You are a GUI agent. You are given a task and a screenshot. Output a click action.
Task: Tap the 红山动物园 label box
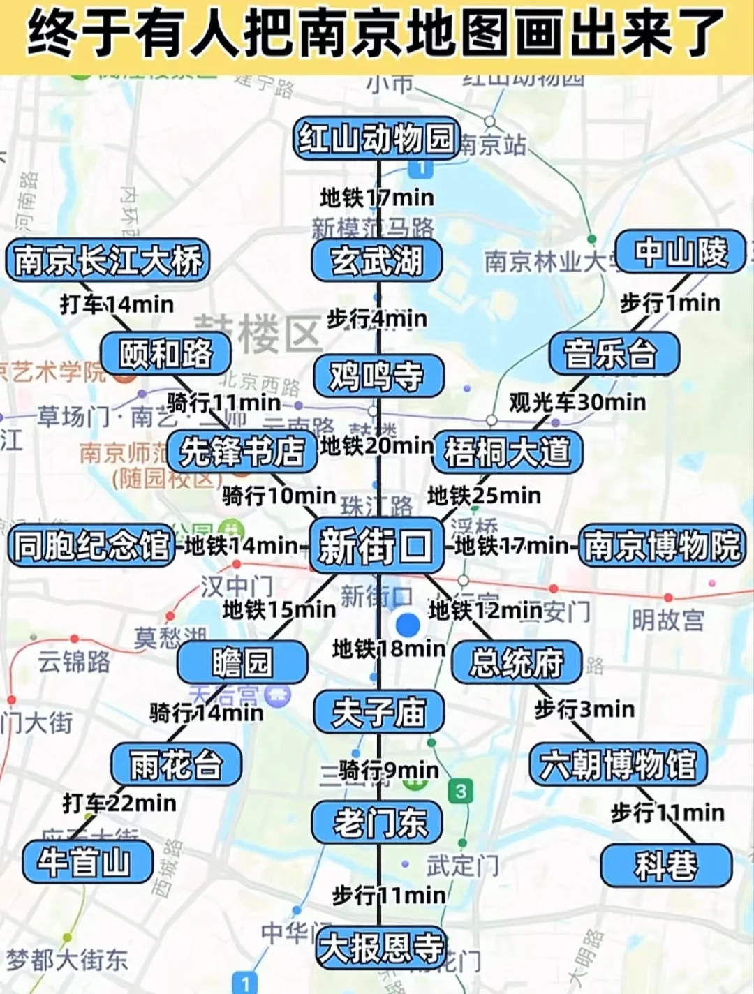point(377,138)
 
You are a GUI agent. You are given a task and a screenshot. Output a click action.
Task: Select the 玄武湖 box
point(377,260)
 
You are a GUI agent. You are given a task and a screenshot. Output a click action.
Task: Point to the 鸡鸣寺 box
point(377,376)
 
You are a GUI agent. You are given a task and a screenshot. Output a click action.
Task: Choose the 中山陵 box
point(681,252)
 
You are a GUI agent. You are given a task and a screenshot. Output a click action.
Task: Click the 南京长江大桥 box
point(108,260)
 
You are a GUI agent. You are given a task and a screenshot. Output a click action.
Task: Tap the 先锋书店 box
point(242,451)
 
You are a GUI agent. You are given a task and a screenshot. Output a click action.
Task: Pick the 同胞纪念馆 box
point(91,545)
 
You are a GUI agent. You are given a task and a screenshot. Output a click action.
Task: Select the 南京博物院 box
point(662,545)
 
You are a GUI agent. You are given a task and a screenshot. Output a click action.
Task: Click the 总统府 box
point(517,662)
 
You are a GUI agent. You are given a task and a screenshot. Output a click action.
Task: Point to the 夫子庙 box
point(378,713)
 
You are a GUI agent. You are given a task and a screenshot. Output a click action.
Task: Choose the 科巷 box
point(666,866)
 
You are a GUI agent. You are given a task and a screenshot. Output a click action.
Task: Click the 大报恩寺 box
point(381,947)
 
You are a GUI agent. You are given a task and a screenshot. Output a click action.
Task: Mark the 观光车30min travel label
point(577,402)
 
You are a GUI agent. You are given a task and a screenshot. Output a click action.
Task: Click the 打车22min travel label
point(119,803)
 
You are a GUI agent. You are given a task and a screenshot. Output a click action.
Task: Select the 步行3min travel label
point(584,709)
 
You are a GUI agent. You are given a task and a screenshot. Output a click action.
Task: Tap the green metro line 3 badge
point(461,792)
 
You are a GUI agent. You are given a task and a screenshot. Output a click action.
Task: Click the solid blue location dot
point(408,624)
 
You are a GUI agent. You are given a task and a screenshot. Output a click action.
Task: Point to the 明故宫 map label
point(668,619)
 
